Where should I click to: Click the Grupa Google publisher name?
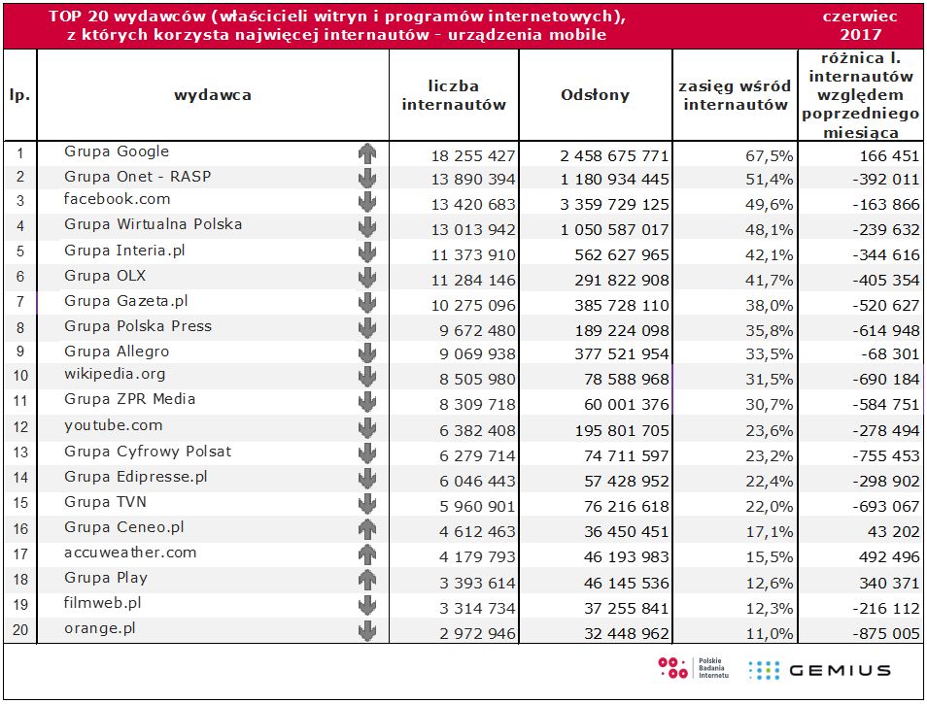tap(117, 151)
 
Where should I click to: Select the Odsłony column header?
tap(595, 95)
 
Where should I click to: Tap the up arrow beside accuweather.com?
tap(366, 554)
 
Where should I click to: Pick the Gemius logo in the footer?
tap(820, 669)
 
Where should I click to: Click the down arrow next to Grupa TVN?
tap(366, 504)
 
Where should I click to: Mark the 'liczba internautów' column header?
tap(454, 95)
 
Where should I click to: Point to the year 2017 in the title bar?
tap(859, 35)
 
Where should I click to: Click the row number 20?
tap(19, 630)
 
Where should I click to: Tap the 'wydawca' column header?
tap(213, 95)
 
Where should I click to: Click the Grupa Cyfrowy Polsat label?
tap(148, 452)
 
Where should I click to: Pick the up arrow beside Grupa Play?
tap(366, 580)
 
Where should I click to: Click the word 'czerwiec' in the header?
tap(859, 16)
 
